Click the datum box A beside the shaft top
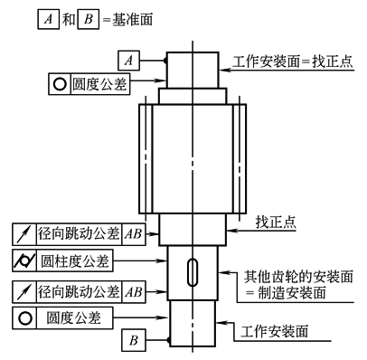tap(128, 61)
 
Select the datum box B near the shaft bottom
tap(134, 340)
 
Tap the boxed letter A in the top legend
tap(48, 19)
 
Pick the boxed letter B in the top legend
tap(89, 19)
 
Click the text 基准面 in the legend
tap(132, 20)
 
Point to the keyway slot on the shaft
tap(193, 272)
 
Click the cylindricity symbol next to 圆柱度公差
tap(24, 261)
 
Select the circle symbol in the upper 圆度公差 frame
tap(60, 84)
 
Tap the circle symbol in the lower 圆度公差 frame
tap(24, 318)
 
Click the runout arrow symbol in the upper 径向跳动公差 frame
tap(24, 234)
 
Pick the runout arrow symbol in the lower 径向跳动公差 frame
tap(24, 292)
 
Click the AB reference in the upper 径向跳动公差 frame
tap(134, 234)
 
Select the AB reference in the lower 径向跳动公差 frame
tap(134, 292)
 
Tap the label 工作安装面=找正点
tap(293, 62)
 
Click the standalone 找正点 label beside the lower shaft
tap(276, 223)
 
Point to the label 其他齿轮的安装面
tap(298, 277)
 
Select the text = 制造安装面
tap(286, 292)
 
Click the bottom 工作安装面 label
tap(275, 331)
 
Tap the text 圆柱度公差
tap(74, 261)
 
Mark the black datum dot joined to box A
tap(165, 61)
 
